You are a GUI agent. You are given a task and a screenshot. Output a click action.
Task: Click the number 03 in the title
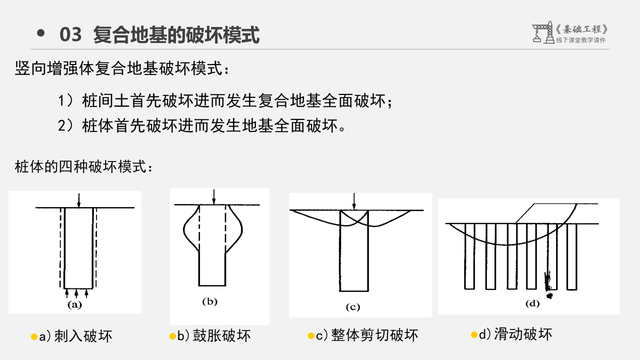70,34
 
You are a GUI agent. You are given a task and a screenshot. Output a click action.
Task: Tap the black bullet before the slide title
41,33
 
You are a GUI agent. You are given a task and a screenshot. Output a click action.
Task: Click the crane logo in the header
543,32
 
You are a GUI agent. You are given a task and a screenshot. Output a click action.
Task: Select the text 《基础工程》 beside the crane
581,29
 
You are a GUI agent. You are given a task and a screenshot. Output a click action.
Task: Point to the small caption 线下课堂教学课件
580,40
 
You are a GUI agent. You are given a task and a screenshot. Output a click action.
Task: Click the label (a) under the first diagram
74,305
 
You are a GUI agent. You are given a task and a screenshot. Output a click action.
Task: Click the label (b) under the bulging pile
209,301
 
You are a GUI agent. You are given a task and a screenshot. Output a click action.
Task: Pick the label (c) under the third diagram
353,307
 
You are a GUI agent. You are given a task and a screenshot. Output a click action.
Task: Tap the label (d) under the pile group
532,303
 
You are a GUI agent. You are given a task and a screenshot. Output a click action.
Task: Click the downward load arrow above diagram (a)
79,200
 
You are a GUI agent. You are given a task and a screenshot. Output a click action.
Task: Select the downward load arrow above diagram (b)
213,196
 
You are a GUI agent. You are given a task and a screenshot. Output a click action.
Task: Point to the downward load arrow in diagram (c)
354,201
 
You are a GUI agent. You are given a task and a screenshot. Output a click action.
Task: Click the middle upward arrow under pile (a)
76,293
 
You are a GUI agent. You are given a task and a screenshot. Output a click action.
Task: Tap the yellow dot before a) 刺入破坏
34,337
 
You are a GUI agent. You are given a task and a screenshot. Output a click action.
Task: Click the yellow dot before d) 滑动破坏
474,334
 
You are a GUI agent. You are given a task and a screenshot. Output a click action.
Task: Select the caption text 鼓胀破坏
221,335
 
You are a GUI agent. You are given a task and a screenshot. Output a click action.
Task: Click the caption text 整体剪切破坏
374,335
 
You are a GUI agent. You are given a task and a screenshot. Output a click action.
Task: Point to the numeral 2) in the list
65,125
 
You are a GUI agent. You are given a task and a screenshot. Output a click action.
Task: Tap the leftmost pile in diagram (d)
469,256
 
